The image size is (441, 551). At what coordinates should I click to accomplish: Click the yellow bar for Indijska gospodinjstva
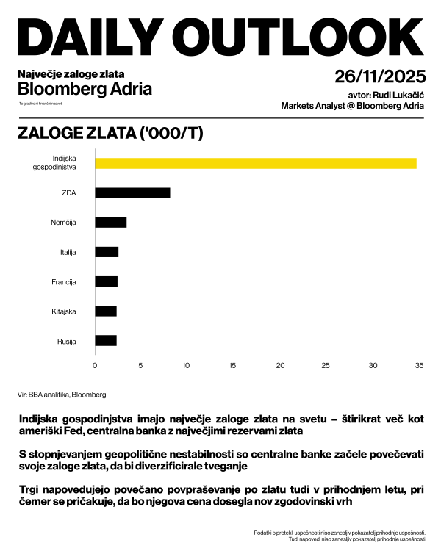[256, 163]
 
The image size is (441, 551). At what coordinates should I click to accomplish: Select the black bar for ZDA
[132, 192]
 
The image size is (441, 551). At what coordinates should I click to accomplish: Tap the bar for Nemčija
[111, 223]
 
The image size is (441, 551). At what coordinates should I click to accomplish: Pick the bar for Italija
[107, 252]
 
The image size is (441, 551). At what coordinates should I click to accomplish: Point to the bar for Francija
[106, 281]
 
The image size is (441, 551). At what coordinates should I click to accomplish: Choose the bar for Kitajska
[106, 311]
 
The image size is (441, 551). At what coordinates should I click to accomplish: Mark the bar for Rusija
[106, 340]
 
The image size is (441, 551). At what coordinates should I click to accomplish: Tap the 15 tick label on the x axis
[233, 364]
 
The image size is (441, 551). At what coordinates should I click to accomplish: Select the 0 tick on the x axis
[95, 364]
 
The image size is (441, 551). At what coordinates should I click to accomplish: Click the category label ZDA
[68, 193]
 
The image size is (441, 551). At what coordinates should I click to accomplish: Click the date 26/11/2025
[379, 77]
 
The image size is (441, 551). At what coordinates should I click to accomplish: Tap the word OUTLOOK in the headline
[303, 35]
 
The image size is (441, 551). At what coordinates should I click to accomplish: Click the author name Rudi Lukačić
[398, 95]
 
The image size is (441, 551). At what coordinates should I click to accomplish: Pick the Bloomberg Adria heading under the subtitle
[85, 89]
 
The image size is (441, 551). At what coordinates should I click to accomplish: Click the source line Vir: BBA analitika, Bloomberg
[62, 395]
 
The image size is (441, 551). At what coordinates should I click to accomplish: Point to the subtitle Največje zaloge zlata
[71, 74]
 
